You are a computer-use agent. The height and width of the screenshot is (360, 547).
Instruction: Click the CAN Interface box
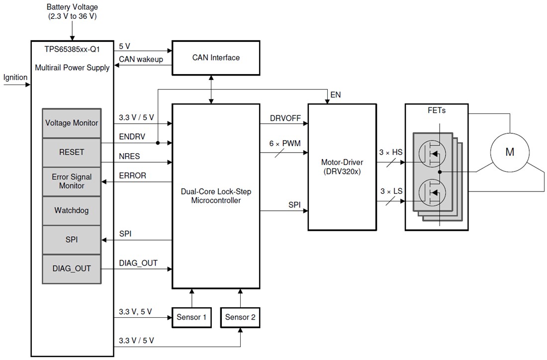pyautogui.click(x=216, y=58)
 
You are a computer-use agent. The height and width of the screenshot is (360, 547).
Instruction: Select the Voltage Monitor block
pyautogui.click(x=72, y=123)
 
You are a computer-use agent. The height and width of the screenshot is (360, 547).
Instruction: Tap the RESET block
pyautogui.click(x=72, y=152)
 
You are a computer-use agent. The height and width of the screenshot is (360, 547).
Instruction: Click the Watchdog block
pyautogui.click(x=72, y=210)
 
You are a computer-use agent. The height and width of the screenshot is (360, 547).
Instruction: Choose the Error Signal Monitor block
pyautogui.click(x=72, y=181)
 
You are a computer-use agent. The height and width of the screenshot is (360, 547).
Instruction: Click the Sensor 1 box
pyautogui.click(x=191, y=317)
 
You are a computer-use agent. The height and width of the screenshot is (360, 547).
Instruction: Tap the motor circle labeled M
pyautogui.click(x=510, y=152)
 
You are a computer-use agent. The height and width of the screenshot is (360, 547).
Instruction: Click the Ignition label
pyautogui.click(x=15, y=78)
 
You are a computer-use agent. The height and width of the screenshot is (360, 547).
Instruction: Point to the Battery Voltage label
pyautogui.click(x=72, y=11)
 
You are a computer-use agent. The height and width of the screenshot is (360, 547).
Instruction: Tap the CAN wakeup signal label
pyautogui.click(x=140, y=60)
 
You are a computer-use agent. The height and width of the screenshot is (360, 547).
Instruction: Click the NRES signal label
pyautogui.click(x=130, y=156)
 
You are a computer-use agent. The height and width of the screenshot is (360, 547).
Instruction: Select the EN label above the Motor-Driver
pyautogui.click(x=335, y=94)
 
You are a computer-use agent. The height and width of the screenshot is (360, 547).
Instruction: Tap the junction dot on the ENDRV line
pyautogui.click(x=158, y=143)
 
